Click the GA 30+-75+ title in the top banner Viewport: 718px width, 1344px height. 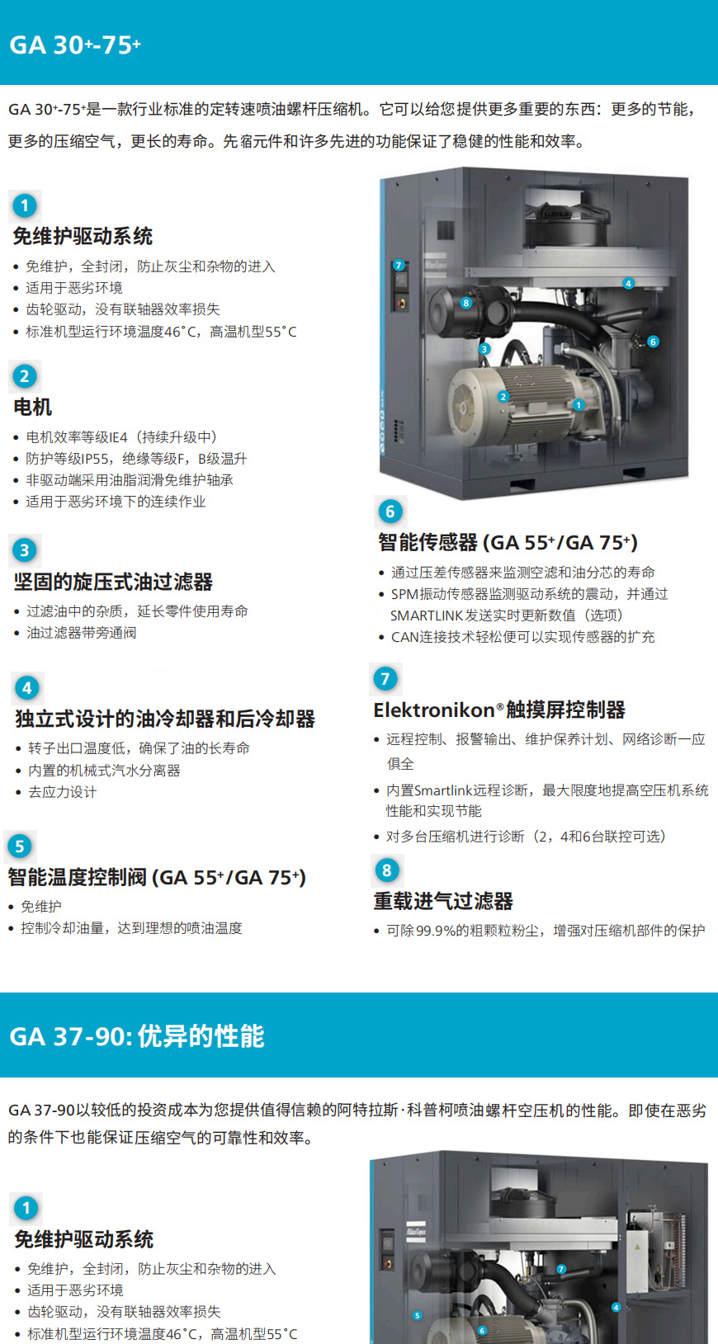tap(75, 45)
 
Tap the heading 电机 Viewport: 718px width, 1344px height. tap(32, 407)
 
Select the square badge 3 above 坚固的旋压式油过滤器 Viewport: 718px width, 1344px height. tap(25, 549)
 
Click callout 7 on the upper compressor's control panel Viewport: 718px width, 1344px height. tap(399, 265)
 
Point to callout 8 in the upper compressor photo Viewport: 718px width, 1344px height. tap(465, 303)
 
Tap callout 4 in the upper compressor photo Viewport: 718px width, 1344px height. tap(629, 283)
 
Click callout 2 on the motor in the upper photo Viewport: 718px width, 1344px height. tap(503, 397)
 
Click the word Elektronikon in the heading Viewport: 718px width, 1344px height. tap(434, 710)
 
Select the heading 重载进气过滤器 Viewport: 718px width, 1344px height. tap(443, 901)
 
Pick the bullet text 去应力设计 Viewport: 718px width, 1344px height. tap(63, 792)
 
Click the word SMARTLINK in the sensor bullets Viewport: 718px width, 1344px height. tap(425, 615)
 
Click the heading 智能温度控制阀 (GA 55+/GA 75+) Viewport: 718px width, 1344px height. tap(157, 877)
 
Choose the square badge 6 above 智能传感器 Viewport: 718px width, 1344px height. tap(390, 512)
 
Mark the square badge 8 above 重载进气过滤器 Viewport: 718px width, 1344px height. tap(387, 870)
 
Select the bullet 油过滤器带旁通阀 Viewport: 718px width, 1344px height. tap(81, 633)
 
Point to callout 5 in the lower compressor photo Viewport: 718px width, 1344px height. tap(418, 1316)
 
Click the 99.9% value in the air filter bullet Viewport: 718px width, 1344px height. tap(437, 931)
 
